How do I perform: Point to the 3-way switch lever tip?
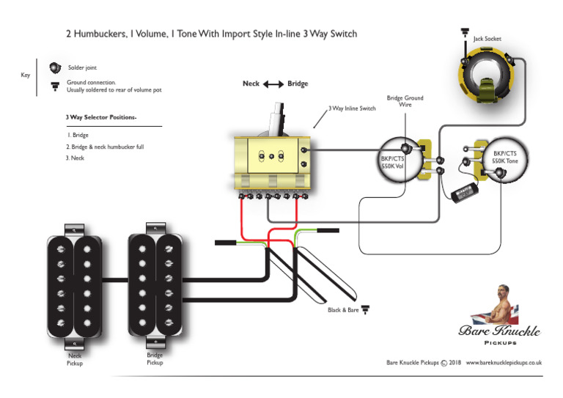point(279,110)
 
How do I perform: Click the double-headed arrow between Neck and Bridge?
point(273,84)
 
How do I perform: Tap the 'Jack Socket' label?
point(487,39)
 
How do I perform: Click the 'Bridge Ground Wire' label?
point(405,101)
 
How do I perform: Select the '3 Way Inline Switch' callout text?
point(352,108)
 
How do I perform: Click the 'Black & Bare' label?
point(342,310)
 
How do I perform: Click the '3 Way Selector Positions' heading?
point(101,117)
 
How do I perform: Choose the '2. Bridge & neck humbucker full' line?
point(106,147)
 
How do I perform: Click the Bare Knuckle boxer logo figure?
point(501,305)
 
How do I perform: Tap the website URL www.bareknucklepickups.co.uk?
point(504,362)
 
